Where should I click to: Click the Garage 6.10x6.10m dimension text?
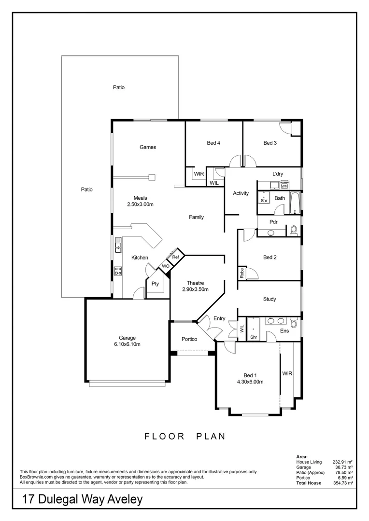[128, 344]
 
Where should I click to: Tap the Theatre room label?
[195, 283]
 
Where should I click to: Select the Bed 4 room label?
[214, 143]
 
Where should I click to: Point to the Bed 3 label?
[270, 143]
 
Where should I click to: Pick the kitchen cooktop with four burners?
[118, 271]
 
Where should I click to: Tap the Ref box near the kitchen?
[176, 257]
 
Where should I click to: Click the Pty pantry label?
[155, 284]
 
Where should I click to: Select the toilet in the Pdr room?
[293, 231]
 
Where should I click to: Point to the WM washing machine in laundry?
[284, 186]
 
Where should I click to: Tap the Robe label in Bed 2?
[241, 273]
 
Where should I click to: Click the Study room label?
[270, 299]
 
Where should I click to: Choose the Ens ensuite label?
[284, 331]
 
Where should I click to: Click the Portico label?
[189, 339]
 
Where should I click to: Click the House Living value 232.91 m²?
[343, 462]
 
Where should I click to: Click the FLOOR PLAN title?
[185, 437]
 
